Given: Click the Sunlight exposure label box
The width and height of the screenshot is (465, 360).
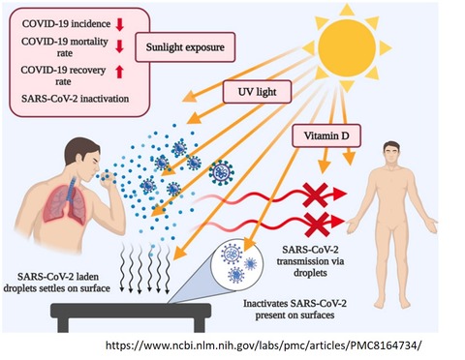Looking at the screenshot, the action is pos(185,47).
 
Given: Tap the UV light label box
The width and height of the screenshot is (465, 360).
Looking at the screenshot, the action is pos(257,92).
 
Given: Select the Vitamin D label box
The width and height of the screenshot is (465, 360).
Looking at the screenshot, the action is pos(326,135).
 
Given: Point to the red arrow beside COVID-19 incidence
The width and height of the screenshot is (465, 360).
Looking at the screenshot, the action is pos(120,24).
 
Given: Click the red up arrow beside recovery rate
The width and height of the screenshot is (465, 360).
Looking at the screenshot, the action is pos(119,72).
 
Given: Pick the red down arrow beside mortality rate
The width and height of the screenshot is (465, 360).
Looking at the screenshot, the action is pos(119,46).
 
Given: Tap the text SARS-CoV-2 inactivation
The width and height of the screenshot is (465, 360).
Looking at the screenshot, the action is pos(76,99).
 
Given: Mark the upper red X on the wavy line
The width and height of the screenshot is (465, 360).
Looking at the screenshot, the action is pos(315,195).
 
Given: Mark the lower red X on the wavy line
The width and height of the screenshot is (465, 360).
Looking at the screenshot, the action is pos(317,224).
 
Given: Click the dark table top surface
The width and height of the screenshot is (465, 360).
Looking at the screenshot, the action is pos(131,311).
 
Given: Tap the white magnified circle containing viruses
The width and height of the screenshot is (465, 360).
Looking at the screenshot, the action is pos(236,264).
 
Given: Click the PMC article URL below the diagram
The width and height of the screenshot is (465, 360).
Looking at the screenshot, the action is pos(263,345).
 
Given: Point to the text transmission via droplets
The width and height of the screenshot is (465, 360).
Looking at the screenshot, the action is pos(310,267).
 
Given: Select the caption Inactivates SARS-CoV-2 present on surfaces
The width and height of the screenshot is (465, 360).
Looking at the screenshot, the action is pos(294,309).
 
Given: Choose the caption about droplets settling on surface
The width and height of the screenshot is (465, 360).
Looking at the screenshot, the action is pos(57,283).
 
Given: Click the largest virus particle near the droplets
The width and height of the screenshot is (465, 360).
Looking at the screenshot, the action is pos(221,172).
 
